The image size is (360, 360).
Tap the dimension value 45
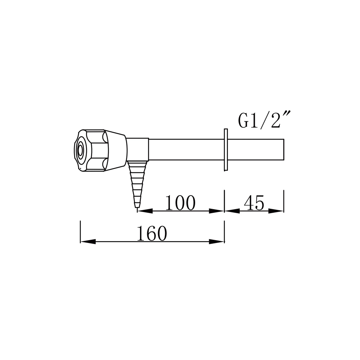[254, 203]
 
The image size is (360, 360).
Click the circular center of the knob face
[80, 149]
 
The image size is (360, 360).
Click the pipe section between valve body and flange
[185, 149]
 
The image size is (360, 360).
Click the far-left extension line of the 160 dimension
[80, 232]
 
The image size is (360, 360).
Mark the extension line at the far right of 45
[284, 202]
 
